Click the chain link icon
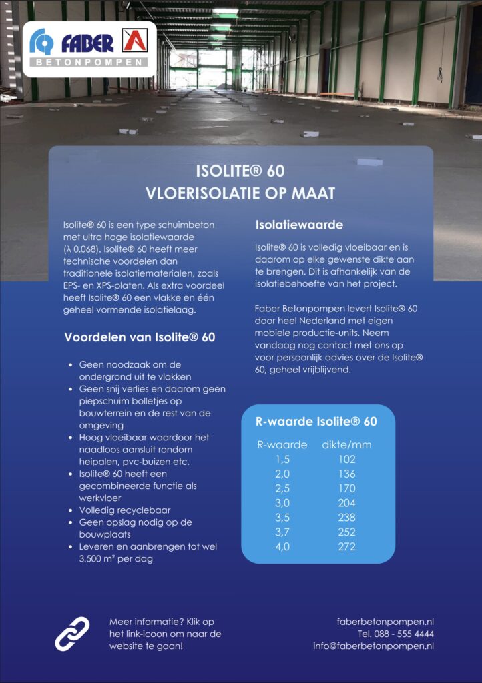(72, 634)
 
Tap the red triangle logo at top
(136, 42)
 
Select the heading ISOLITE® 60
(240, 171)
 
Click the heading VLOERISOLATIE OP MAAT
(240, 194)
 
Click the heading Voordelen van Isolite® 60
(140, 337)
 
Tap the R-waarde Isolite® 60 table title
(316, 422)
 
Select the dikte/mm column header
(346, 445)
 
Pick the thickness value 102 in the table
(346, 460)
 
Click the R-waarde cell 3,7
(282, 532)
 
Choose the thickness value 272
(346, 547)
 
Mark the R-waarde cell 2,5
(282, 488)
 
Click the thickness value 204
(346, 503)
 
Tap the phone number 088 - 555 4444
(396, 634)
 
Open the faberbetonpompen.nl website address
(386, 622)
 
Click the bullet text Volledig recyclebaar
(125, 510)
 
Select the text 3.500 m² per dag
(115, 559)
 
